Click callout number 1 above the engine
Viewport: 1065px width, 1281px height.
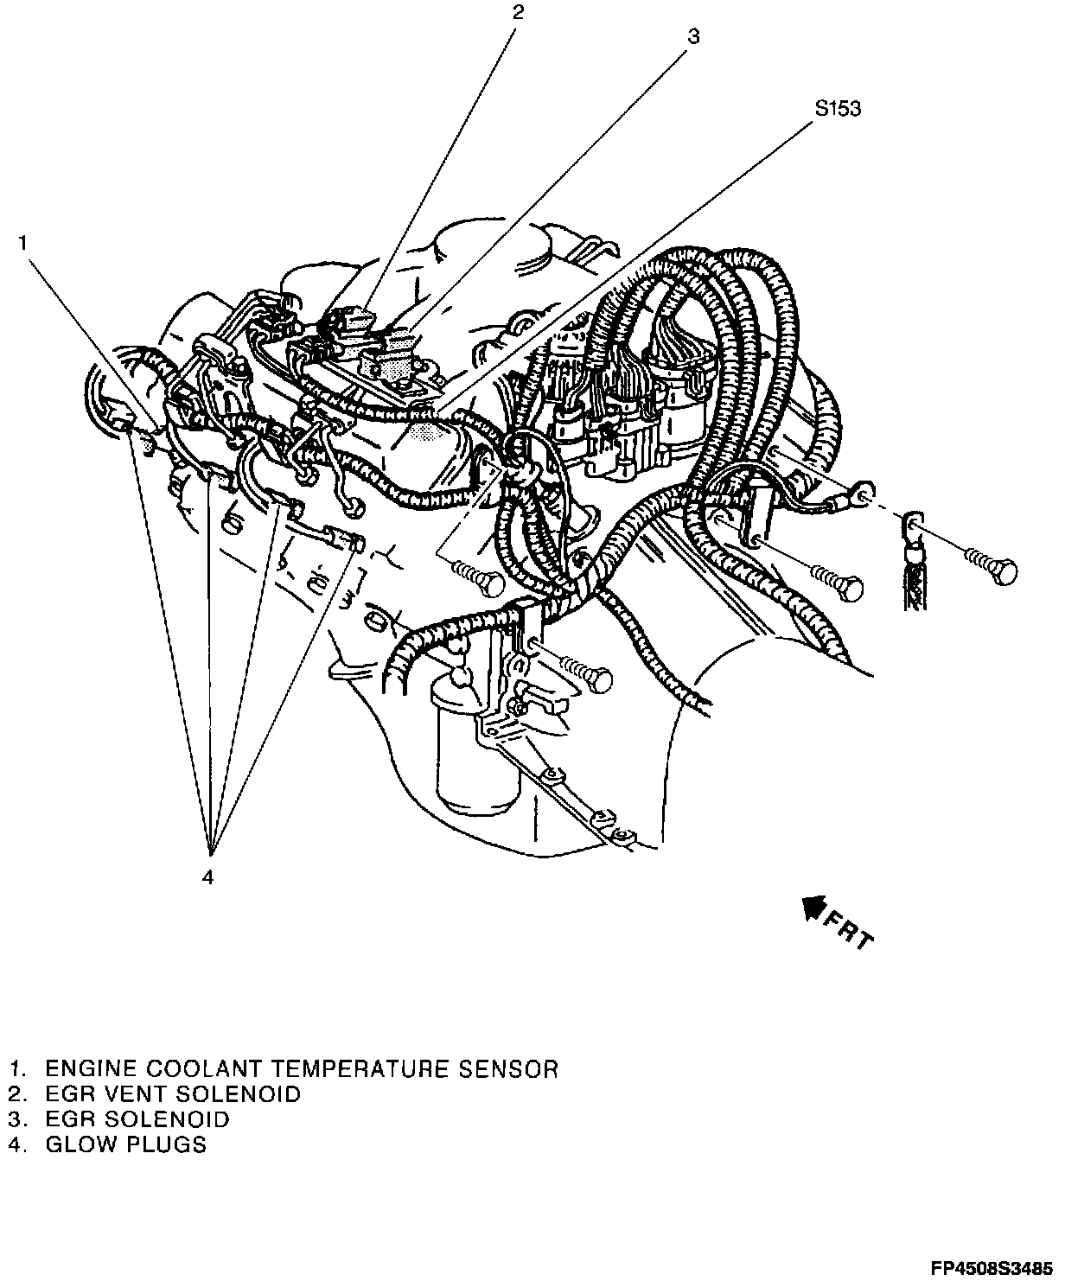point(25,244)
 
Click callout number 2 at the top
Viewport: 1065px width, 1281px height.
point(518,12)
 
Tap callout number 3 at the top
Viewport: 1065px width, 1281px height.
point(693,36)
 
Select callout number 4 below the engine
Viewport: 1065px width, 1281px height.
point(207,877)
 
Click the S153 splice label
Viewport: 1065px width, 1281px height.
point(837,110)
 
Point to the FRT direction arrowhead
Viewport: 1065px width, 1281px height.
point(813,908)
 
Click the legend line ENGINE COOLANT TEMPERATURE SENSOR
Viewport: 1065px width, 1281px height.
point(284,1069)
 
